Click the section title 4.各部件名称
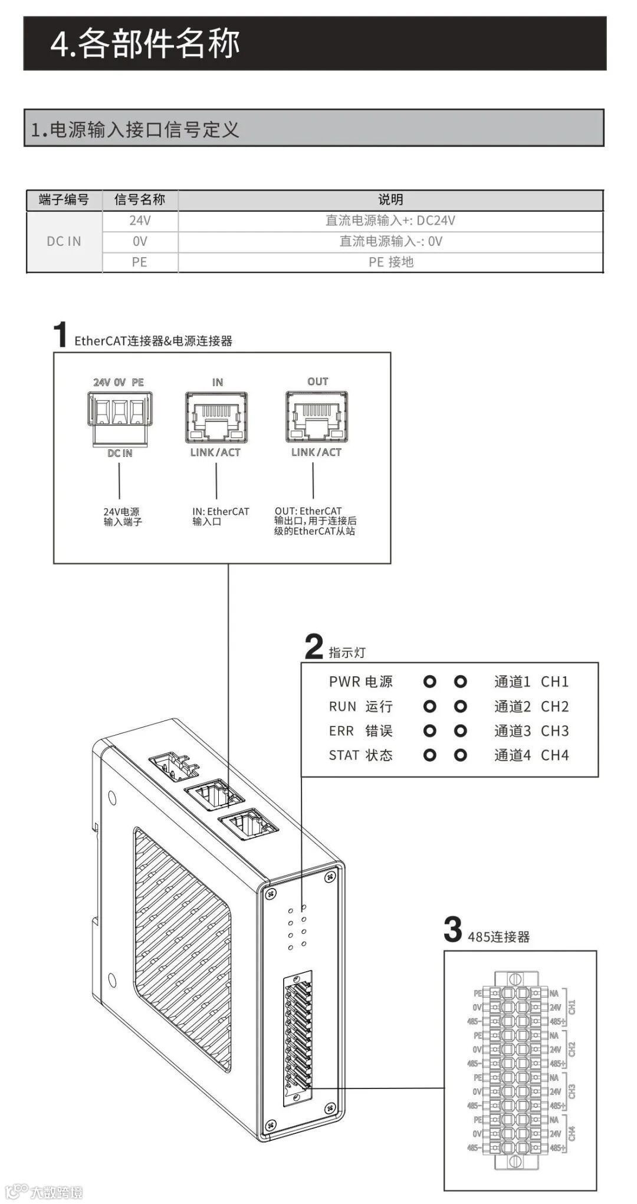[145, 44]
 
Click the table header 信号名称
[139, 200]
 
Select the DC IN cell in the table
[64, 241]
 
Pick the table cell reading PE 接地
[390, 262]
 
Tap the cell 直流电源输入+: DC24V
[390, 221]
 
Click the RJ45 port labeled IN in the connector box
[216, 417]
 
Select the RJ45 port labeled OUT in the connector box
[317, 416]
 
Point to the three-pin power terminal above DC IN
[120, 410]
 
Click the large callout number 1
[60, 334]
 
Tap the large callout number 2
[314, 646]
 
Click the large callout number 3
[452, 930]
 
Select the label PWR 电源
[360, 682]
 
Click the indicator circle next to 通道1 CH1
[461, 682]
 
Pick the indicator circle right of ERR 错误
[430, 731]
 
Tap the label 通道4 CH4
[531, 755]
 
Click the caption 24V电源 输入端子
[123, 517]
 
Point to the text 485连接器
[498, 937]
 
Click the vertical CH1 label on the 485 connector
[572, 1006]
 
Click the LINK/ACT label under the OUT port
[316, 452]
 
